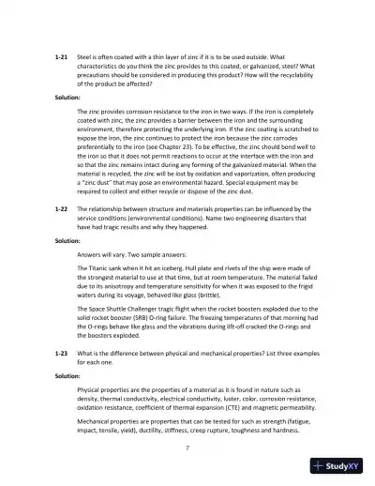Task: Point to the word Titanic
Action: coord(99,267)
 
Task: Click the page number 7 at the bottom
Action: coord(187,448)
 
